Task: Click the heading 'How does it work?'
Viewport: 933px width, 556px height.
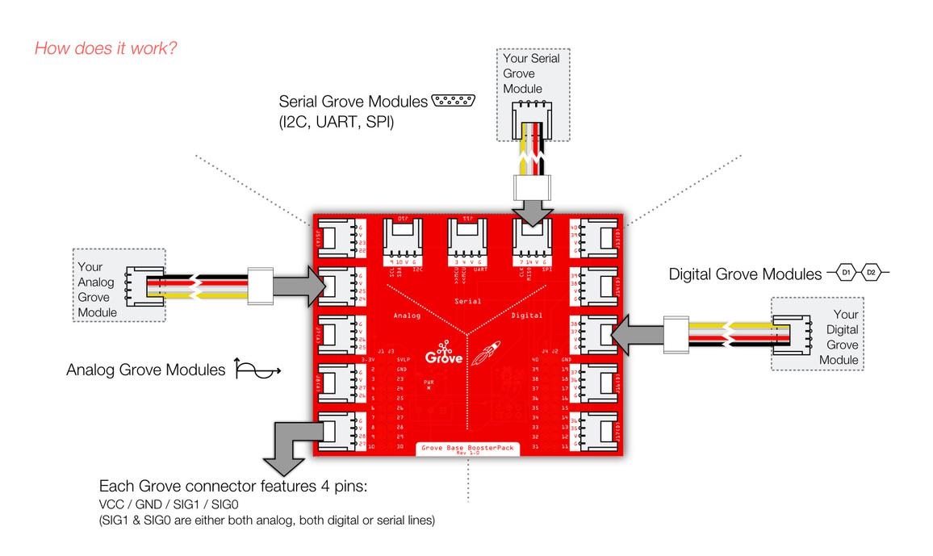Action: coord(106,48)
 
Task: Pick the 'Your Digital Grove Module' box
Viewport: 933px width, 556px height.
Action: coord(817,334)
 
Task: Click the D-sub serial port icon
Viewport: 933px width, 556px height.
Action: coord(453,101)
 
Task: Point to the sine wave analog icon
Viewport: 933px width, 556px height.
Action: coord(257,370)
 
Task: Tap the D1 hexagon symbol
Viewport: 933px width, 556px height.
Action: coord(845,273)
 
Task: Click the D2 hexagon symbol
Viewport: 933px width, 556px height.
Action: coord(870,273)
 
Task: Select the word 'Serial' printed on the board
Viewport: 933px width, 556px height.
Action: coord(468,301)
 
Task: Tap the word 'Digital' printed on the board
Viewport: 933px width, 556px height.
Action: coord(526,316)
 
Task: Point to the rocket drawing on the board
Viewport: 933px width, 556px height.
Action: coord(487,352)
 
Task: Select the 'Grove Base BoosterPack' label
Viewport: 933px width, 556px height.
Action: coord(467,447)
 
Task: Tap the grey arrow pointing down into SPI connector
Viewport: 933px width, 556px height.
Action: coord(532,212)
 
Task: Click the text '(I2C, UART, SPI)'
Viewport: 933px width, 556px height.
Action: coord(336,124)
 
